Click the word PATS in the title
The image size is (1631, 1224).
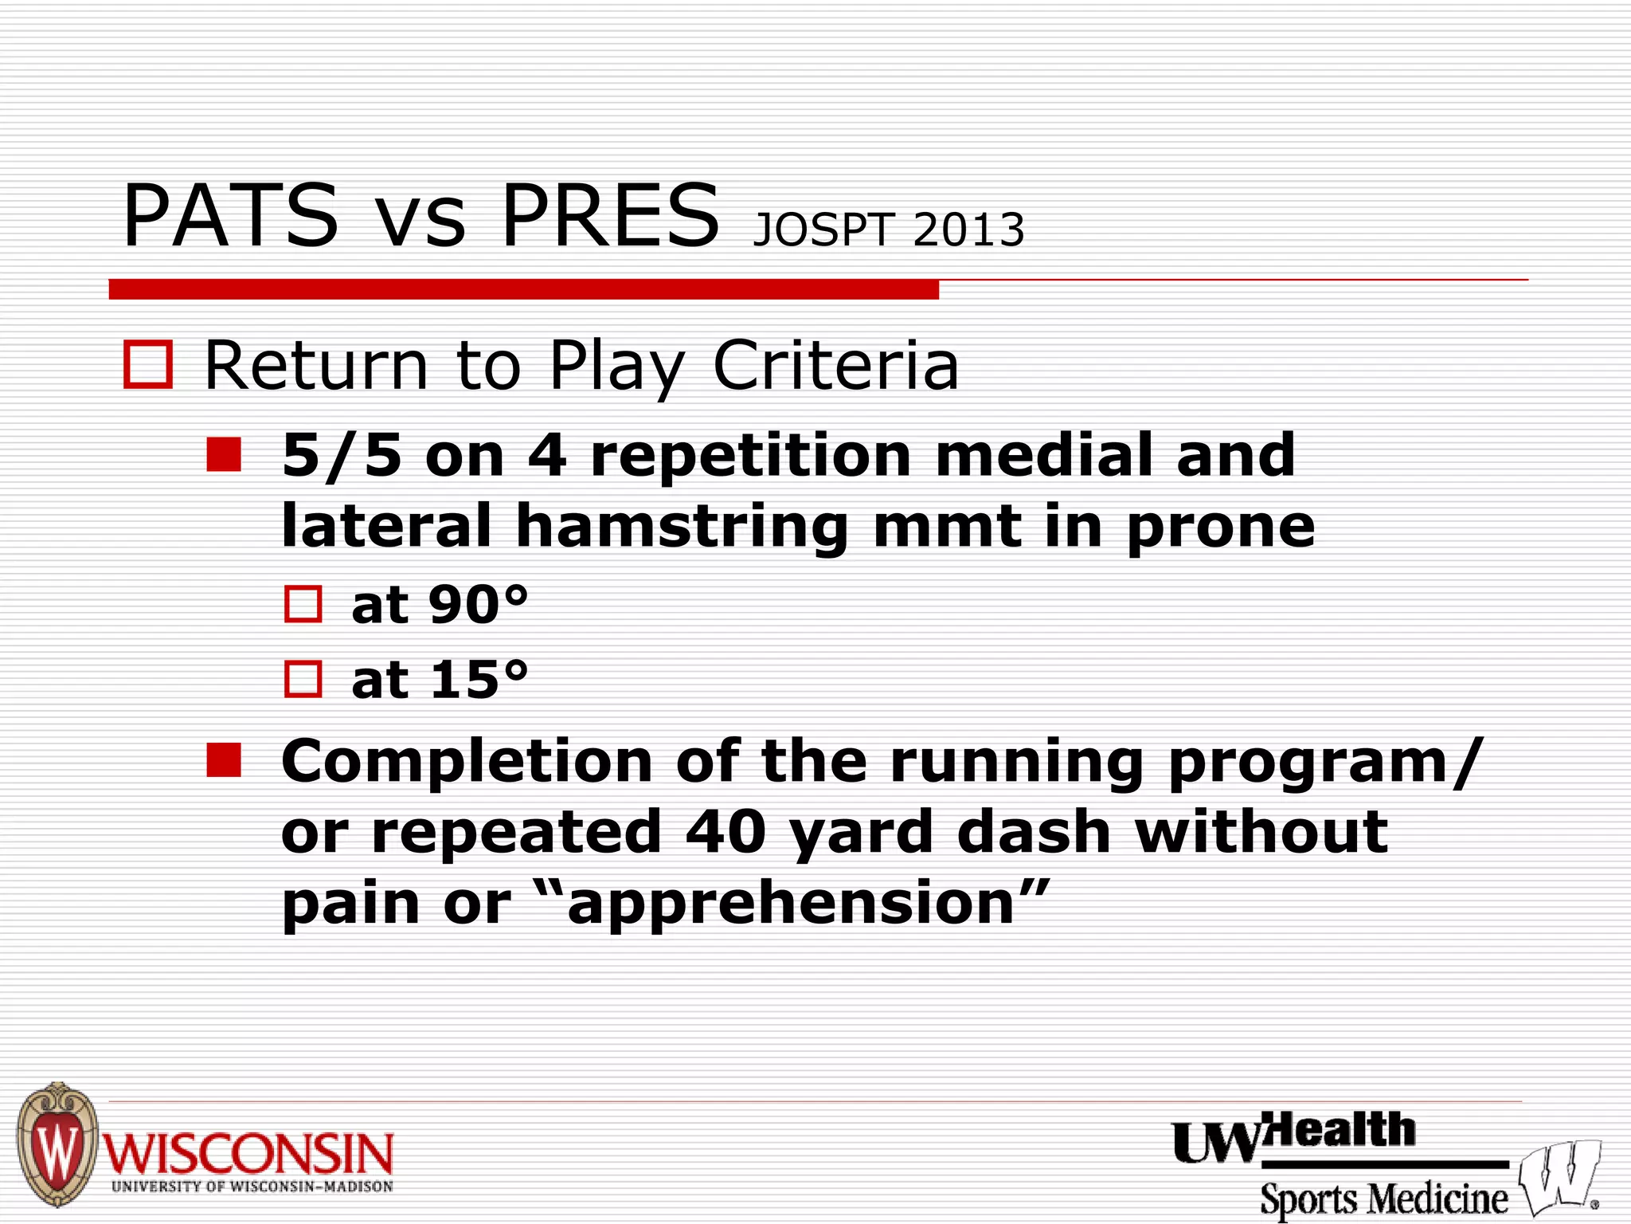230,216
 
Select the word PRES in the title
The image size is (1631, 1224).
610,216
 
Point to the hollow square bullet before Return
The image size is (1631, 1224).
148,365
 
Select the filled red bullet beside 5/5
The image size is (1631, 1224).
224,454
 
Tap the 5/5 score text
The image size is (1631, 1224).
342,456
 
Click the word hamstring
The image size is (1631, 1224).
683,527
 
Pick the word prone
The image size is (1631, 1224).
1221,527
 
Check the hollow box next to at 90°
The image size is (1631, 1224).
303,604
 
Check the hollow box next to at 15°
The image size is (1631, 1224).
303,679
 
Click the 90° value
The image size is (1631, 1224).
478,604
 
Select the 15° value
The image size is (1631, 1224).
478,680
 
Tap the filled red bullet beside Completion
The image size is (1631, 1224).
224,760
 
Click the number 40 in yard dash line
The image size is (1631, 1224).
726,832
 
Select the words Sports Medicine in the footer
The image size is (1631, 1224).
1383,1198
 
